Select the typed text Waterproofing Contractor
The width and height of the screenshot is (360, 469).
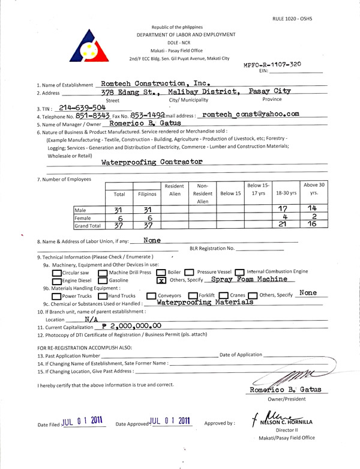pos(152,162)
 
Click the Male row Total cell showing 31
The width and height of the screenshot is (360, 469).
pos(118,210)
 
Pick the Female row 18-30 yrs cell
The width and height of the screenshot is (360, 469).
pos(285,218)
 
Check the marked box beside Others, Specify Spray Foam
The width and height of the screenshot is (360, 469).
pos(160,280)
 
